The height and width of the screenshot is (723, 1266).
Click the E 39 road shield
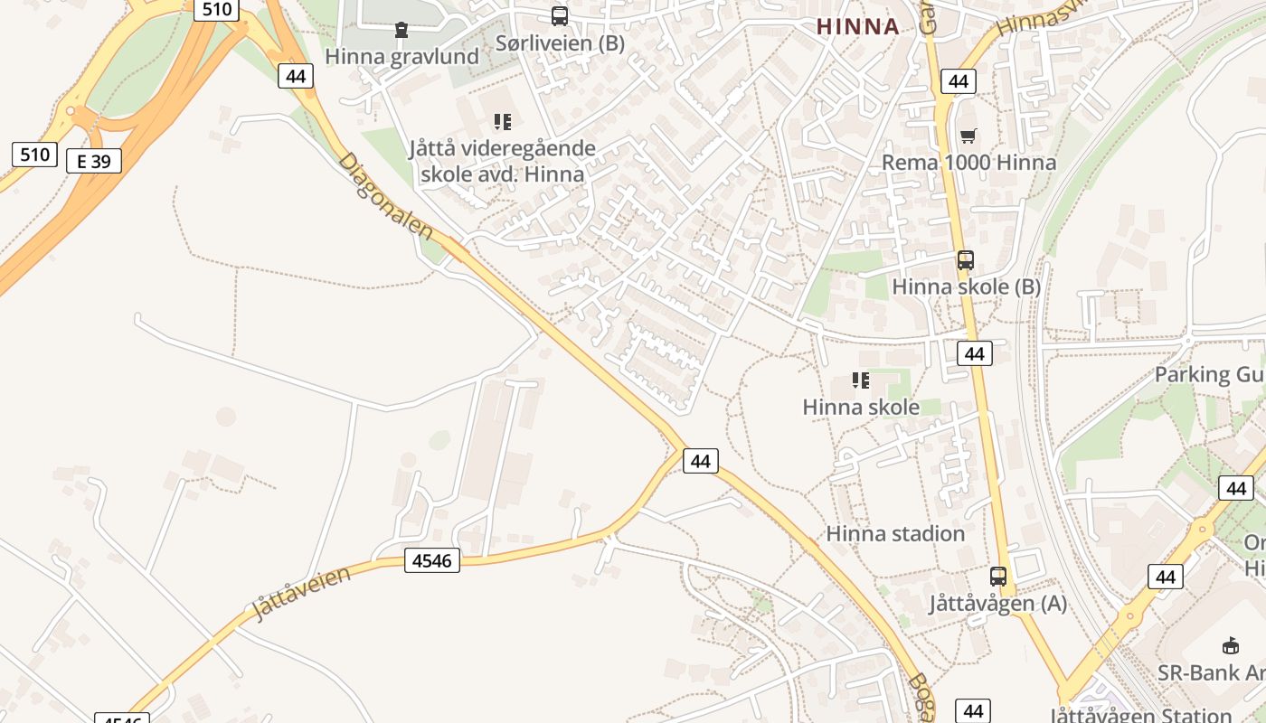pos(94,162)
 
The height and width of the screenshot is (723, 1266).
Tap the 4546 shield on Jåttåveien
pos(431,560)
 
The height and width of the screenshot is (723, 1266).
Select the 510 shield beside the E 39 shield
pos(34,155)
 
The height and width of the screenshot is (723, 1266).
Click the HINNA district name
pos(858,26)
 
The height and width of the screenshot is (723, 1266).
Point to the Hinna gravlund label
pos(402,56)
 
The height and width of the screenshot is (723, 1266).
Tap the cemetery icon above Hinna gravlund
pos(402,31)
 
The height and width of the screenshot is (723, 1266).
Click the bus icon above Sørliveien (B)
pos(560,16)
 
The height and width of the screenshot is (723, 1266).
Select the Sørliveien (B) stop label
pos(560,42)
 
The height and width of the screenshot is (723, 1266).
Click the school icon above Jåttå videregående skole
pos(503,122)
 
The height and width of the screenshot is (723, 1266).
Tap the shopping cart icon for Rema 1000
pos(968,136)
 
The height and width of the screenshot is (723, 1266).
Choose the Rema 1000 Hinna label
pos(968,163)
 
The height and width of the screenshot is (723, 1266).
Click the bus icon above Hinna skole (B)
pos(966,260)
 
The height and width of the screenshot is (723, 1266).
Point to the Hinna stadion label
pos(895,533)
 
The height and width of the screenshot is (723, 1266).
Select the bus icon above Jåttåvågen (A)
pos(998,577)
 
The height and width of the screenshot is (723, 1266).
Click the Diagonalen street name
pos(385,195)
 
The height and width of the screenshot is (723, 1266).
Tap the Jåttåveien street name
pos(301,593)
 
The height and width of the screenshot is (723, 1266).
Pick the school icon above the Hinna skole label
pos(861,380)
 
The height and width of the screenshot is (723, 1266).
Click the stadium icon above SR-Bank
pos(1230,646)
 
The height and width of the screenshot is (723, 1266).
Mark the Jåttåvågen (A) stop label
pos(998,603)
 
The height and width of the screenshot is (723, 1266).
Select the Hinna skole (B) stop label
pos(966,286)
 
